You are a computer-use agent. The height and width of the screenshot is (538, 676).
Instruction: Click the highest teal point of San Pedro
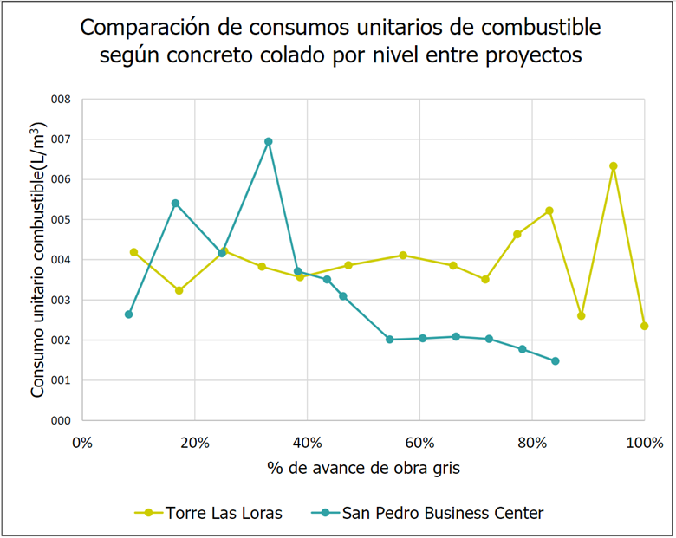pyautogui.click(x=269, y=141)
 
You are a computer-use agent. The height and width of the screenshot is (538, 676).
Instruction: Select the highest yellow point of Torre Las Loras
pyautogui.click(x=614, y=165)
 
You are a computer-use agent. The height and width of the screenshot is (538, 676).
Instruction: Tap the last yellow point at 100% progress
pyautogui.click(x=644, y=326)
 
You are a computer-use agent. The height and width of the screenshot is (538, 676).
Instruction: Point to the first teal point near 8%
pyautogui.click(x=128, y=314)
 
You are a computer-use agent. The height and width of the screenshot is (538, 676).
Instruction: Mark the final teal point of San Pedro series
pyautogui.click(x=556, y=360)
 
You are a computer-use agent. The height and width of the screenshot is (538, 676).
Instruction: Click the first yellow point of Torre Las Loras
pyautogui.click(x=133, y=252)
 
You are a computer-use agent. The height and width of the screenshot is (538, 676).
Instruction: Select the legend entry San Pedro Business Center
pyautogui.click(x=443, y=513)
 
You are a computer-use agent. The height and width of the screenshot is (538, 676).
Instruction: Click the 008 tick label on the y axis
pyautogui.click(x=61, y=100)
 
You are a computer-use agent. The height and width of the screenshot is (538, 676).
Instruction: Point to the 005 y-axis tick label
pyautogui.click(x=61, y=220)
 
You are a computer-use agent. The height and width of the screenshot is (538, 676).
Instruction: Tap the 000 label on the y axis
pyautogui.click(x=61, y=420)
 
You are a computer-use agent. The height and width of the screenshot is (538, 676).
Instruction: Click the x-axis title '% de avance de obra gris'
pyautogui.click(x=363, y=469)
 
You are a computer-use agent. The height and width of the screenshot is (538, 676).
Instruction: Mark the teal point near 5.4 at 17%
pyautogui.click(x=175, y=204)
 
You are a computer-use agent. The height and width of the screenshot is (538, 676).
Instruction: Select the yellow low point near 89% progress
pyautogui.click(x=581, y=315)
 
